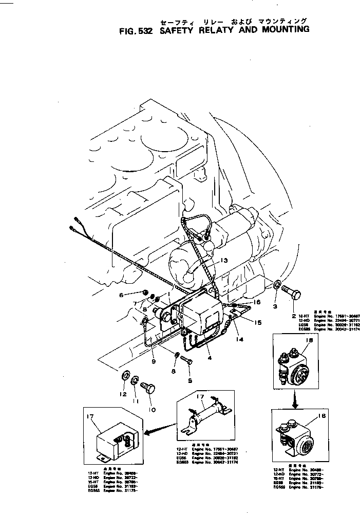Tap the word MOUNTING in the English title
pos(280,29)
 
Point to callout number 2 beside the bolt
pos(294,315)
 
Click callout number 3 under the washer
pos(275,306)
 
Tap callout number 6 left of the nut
pos(122,295)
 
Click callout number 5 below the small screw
pos(190,381)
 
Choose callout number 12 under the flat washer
pos(122,394)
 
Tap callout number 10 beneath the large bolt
pos(151,410)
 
